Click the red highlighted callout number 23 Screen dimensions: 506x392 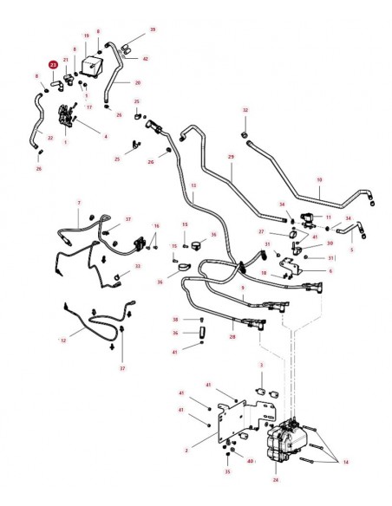point(53,65)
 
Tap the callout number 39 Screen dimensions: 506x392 point(153,29)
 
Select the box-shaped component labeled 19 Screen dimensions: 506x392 point(89,63)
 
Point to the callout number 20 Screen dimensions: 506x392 point(138,83)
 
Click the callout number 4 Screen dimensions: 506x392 point(106,136)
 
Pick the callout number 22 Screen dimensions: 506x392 point(49,139)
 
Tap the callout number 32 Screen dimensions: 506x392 point(245,111)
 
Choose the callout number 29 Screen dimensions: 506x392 point(231,157)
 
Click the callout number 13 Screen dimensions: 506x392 point(193,186)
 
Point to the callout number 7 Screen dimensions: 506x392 point(79,202)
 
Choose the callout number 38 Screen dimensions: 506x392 point(174,319)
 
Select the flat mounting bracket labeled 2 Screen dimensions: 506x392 point(228,424)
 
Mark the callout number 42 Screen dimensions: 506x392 point(146,59)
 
